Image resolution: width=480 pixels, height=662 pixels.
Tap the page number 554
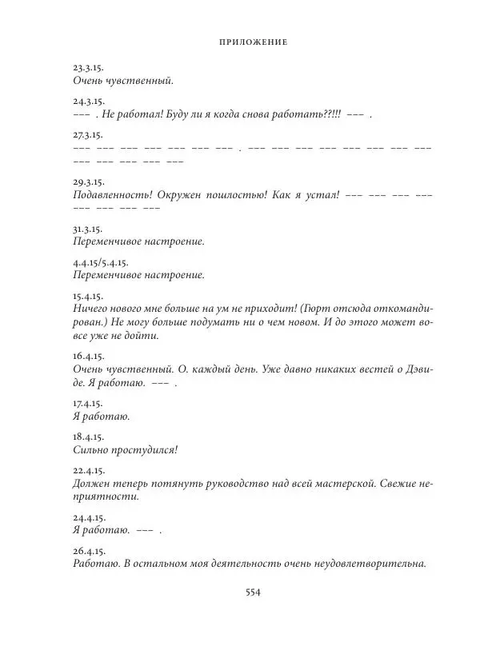253,592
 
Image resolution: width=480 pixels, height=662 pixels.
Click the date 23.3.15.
84,68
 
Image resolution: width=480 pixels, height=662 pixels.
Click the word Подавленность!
112,196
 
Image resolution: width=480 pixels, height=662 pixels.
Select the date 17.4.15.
84,404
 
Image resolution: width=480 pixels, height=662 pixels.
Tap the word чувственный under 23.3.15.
138,82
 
